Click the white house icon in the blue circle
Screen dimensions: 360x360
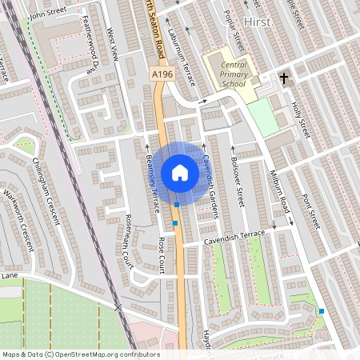click(180, 173)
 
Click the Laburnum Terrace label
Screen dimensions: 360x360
click(182, 49)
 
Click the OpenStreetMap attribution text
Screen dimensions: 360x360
click(80, 354)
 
